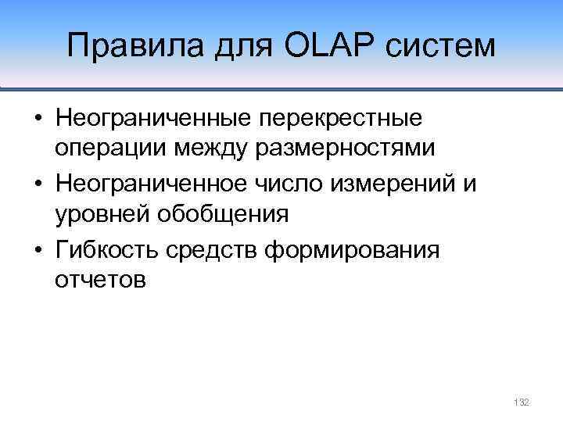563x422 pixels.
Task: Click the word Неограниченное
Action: [149, 184]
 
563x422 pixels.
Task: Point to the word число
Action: [283, 184]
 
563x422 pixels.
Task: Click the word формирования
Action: [353, 250]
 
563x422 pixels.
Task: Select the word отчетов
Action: [100, 278]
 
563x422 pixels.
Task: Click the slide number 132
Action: [522, 402]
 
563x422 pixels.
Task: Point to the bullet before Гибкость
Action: [38, 251]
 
